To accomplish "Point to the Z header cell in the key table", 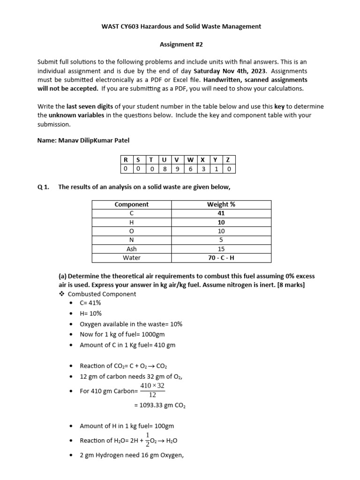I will tap(228, 160).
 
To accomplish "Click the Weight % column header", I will tap(221, 204).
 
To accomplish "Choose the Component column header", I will tap(131, 204).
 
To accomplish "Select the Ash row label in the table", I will tap(131, 249).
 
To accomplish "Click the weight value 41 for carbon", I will tap(221, 213).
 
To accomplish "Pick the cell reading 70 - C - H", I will tap(221, 258).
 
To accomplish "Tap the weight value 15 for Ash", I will tap(221, 249).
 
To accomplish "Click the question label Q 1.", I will tap(43, 187).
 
